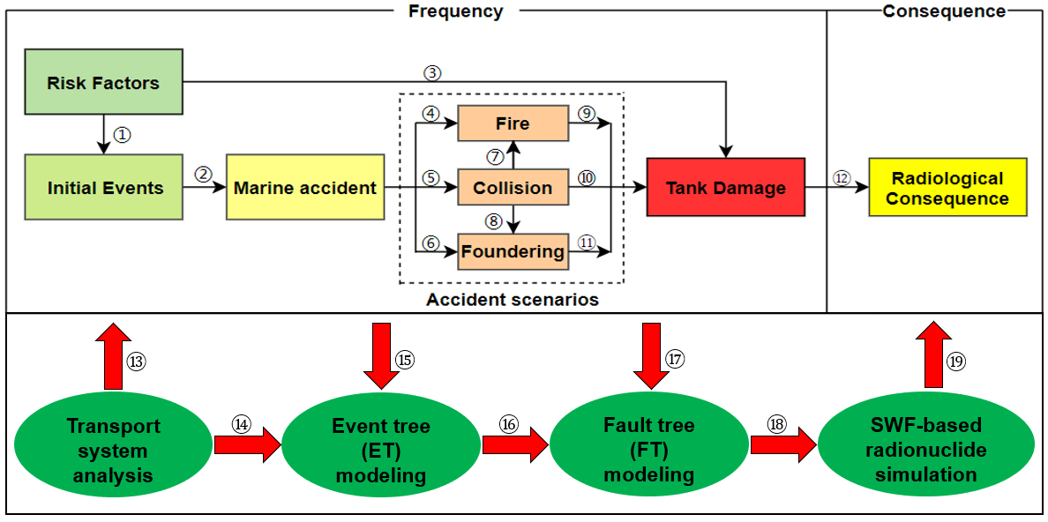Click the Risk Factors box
(103, 84)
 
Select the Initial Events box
(104, 188)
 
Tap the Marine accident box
(305, 188)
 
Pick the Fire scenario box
(512, 123)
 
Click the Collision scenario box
(512, 188)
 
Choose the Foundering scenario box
(512, 251)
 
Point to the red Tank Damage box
(725, 187)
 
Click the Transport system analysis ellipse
(114, 451)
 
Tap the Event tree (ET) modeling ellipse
(381, 451)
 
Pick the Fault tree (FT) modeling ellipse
(648, 450)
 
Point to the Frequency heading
(455, 11)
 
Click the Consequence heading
(944, 11)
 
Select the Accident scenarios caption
(512, 300)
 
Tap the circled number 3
(431, 72)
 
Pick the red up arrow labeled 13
(114, 357)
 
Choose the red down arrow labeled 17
(651, 355)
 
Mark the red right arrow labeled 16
(513, 444)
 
